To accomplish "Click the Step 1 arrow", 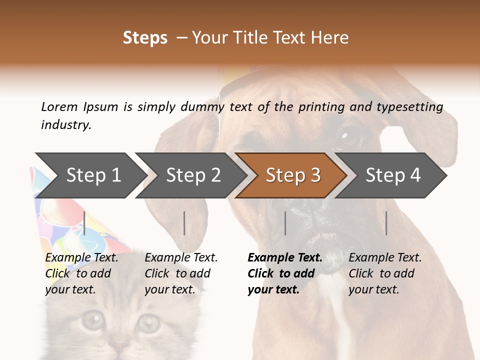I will tap(90, 175).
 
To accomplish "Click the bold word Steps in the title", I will tap(145, 37).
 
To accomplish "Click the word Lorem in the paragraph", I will tap(59, 106).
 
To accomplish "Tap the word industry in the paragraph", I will tap(65, 124).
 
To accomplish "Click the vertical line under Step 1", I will tap(84, 223).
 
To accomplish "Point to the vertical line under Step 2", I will tap(184, 223).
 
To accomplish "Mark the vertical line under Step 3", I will tap(285, 223).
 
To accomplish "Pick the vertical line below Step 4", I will tap(386, 223).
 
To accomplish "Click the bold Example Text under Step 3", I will tap(285, 258).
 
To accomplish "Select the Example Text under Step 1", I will tap(81, 258).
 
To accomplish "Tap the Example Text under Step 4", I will tap(385, 258).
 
